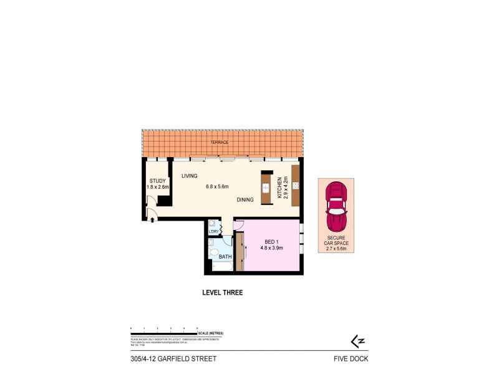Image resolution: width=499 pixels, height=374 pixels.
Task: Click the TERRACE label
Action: click(x=219, y=143)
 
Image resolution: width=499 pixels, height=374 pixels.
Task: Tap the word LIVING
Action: click(x=189, y=176)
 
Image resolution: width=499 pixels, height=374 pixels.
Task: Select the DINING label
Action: click(x=245, y=200)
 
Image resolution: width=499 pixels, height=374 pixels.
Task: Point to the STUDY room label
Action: click(x=157, y=181)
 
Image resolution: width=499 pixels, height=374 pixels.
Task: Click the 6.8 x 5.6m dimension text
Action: click(x=218, y=186)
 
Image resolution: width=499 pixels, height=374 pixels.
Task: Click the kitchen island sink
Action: click(x=265, y=187)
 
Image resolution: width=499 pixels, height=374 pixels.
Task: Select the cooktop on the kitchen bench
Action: click(x=295, y=185)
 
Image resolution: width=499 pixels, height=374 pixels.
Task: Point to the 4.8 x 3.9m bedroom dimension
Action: click(x=272, y=247)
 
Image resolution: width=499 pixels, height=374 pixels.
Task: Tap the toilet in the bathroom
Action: click(x=214, y=253)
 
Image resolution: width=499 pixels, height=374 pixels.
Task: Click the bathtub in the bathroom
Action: click(x=222, y=267)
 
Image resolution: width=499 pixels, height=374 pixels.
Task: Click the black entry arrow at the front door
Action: click(x=152, y=219)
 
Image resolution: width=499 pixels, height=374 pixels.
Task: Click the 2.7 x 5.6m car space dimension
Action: click(x=336, y=249)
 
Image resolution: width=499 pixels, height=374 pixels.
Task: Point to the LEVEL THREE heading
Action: click(x=223, y=292)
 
